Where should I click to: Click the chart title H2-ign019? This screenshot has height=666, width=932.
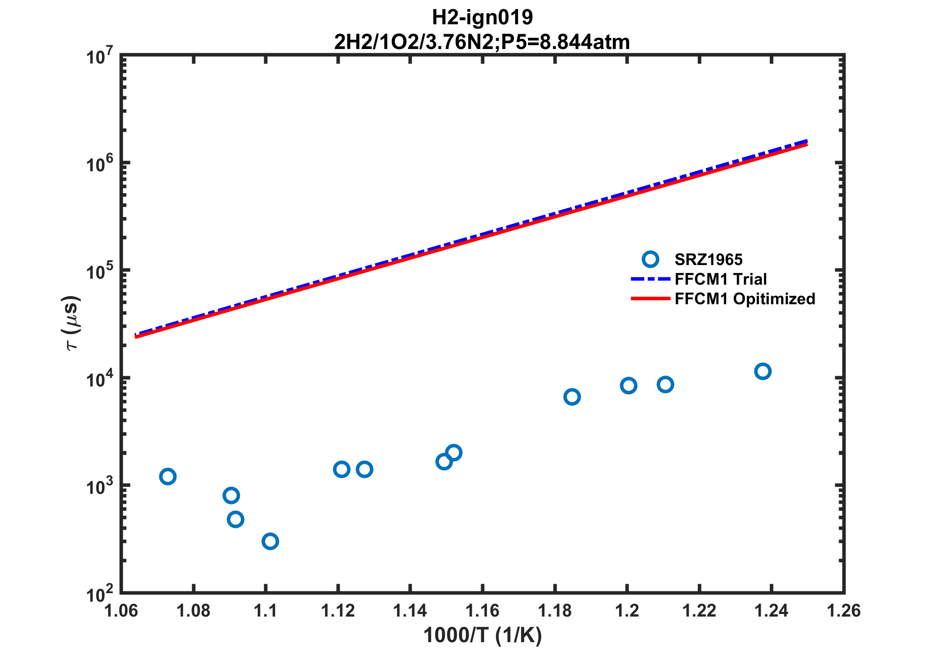pyautogui.click(x=482, y=18)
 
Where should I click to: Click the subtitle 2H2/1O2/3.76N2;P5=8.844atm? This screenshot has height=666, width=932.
pyautogui.click(x=482, y=42)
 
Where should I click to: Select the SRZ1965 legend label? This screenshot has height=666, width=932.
pyautogui.click(x=708, y=259)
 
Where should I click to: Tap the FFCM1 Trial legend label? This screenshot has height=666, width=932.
pyautogui.click(x=721, y=279)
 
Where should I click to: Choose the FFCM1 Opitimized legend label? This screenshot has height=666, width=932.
pyautogui.click(x=744, y=299)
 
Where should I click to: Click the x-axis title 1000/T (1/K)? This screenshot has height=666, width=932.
pyautogui.click(x=482, y=635)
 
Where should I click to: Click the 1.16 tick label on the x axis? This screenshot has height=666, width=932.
pyautogui.click(x=482, y=611)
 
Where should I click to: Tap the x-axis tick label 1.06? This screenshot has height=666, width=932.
pyautogui.click(x=121, y=611)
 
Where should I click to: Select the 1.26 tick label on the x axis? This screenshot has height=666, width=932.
pyautogui.click(x=843, y=611)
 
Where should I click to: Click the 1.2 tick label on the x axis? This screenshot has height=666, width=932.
pyautogui.click(x=627, y=611)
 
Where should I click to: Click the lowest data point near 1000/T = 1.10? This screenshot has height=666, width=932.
pyautogui.click(x=270, y=542)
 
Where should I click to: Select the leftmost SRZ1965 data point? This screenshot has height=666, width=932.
pyautogui.click(x=168, y=476)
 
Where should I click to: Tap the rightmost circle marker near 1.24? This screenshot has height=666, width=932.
pyautogui.click(x=762, y=372)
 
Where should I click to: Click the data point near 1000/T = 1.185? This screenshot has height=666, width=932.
pyautogui.click(x=572, y=397)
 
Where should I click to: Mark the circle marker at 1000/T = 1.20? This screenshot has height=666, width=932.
pyautogui.click(x=629, y=386)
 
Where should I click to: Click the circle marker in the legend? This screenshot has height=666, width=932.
pyautogui.click(x=650, y=259)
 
